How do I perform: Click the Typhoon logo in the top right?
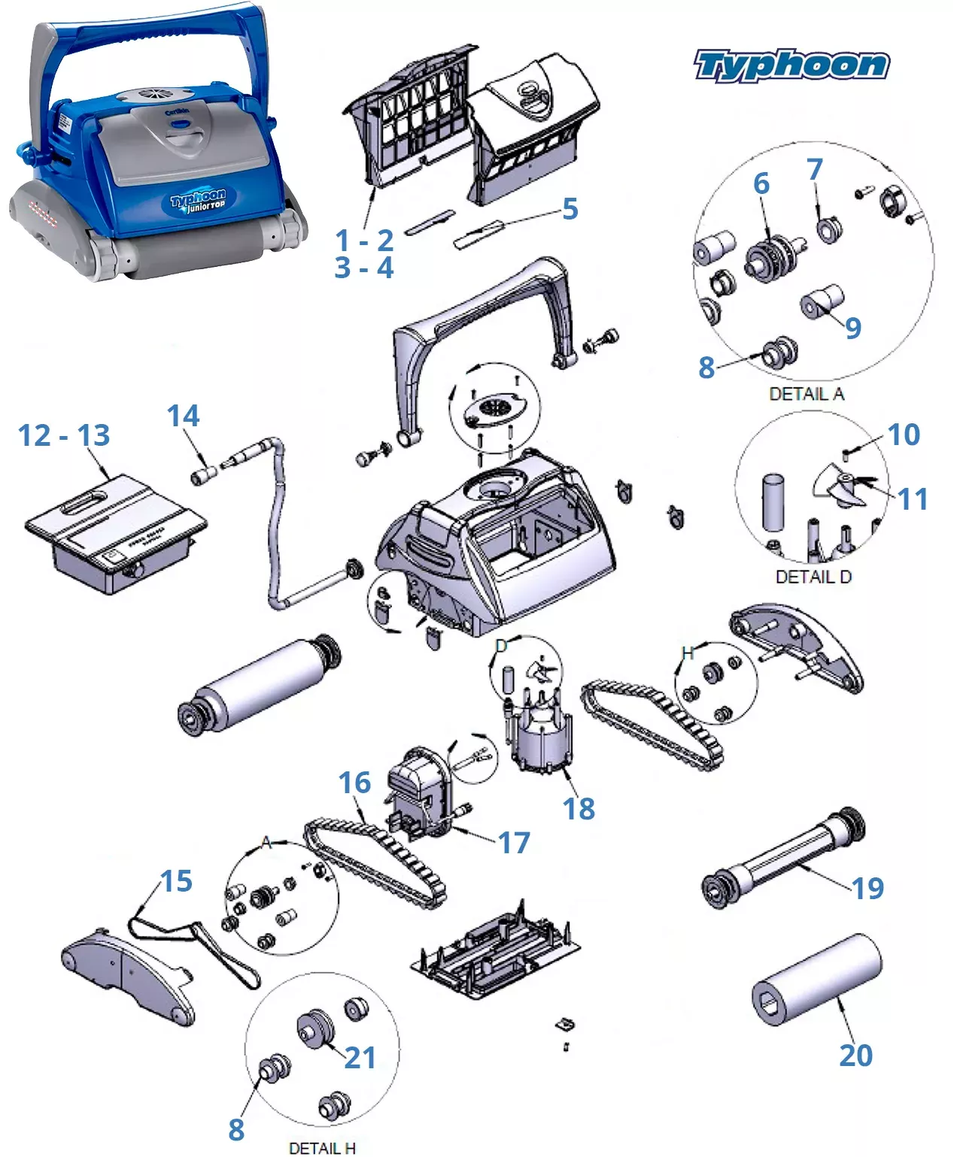pyautogui.click(x=791, y=65)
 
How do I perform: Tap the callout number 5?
pyautogui.click(x=570, y=209)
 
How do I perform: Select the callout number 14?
pyautogui.click(x=183, y=416)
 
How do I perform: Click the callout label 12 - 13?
pyautogui.click(x=64, y=435)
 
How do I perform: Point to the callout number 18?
pyautogui.click(x=579, y=809)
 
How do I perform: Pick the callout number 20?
pyautogui.click(x=856, y=1056)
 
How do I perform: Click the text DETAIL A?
pyautogui.click(x=807, y=394)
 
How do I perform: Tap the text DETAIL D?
pyautogui.click(x=813, y=577)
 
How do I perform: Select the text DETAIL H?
pyautogui.click(x=322, y=1148)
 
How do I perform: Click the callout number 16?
pyautogui.click(x=354, y=783)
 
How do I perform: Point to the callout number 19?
pyautogui.click(x=867, y=889)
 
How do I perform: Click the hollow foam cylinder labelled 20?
pyautogui.click(x=817, y=979)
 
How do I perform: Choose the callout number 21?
pyautogui.click(x=360, y=1058)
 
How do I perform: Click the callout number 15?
pyautogui.click(x=176, y=881)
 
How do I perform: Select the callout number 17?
pyautogui.click(x=514, y=843)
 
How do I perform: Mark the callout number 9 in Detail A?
pyautogui.click(x=852, y=328)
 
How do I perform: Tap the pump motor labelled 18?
pyautogui.click(x=540, y=741)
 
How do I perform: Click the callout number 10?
pyautogui.click(x=904, y=435)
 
